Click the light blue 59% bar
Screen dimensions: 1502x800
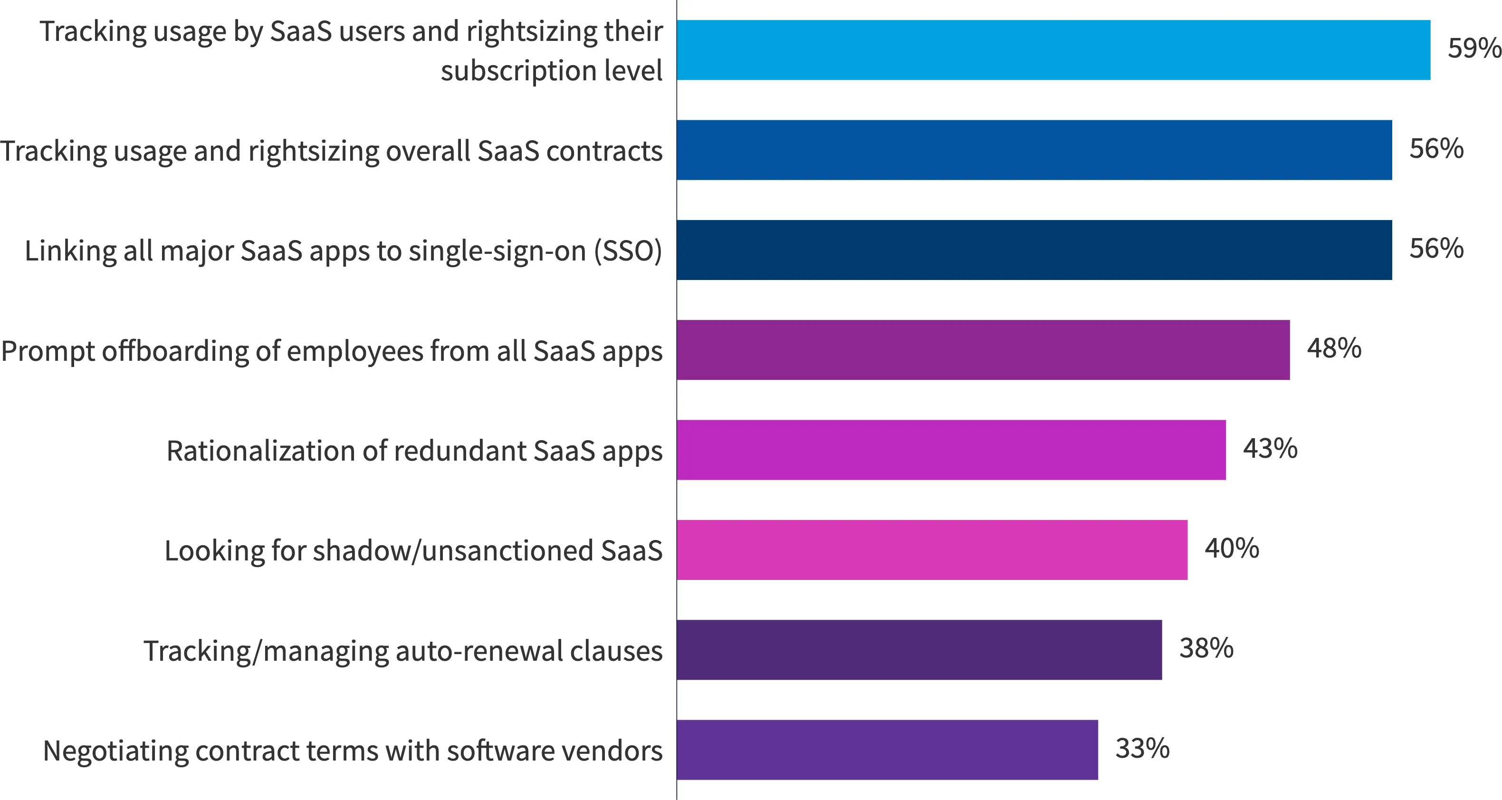1053,50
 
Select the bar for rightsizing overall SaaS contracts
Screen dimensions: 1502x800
1034,150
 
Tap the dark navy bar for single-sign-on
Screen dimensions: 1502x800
1034,250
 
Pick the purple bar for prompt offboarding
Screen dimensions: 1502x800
983,350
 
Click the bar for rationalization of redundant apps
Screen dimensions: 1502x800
951,450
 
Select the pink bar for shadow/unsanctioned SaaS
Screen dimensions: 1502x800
932,550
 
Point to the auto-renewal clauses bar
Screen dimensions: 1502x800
919,650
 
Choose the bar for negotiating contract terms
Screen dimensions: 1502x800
887,750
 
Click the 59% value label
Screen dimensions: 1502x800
1474,48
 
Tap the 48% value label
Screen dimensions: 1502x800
1334,348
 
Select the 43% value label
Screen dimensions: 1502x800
1270,448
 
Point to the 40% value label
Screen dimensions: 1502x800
1232,548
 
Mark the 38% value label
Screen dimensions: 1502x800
1206,648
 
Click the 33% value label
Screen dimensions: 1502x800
1142,748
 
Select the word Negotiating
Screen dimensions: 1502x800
115,752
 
